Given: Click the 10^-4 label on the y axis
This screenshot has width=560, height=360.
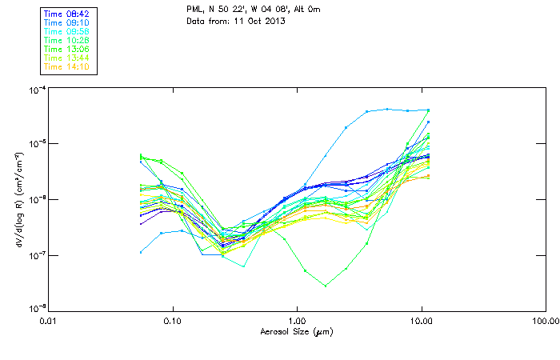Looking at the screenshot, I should (34, 90).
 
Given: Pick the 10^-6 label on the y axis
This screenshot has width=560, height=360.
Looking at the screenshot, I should (34, 199).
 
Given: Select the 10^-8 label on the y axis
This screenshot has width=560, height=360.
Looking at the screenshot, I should (34, 307).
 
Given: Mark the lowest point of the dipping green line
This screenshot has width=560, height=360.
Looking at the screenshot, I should (325, 286).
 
